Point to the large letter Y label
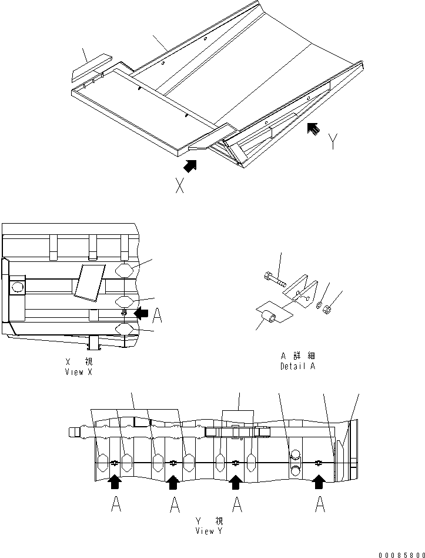333,142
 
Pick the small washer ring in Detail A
318,305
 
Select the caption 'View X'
78,372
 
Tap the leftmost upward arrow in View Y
115,483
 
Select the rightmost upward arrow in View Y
319,483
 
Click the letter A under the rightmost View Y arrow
319,505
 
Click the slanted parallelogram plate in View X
89,281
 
